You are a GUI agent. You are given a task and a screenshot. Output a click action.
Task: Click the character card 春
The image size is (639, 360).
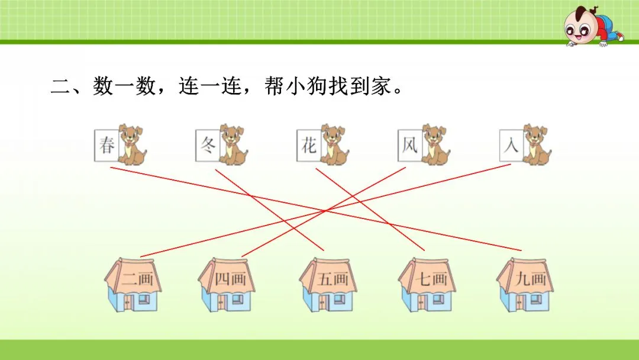[x=106, y=144]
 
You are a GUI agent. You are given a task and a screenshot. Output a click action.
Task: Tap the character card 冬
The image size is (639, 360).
[x=208, y=144]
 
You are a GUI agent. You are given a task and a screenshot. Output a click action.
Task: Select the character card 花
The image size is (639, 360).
[x=309, y=144]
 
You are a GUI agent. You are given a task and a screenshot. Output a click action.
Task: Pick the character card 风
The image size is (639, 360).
[x=410, y=144]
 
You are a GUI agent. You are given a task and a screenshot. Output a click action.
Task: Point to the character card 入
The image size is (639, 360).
[x=511, y=144]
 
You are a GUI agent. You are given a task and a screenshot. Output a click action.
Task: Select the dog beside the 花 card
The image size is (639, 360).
[x=334, y=144]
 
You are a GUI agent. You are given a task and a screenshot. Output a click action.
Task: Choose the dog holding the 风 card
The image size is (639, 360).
[x=435, y=144]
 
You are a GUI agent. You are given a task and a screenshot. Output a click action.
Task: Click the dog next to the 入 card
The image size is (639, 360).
[x=535, y=144]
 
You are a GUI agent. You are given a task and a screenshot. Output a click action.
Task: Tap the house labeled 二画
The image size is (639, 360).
[x=134, y=285]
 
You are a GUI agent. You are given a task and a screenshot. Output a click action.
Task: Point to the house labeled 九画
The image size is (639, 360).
[x=528, y=285]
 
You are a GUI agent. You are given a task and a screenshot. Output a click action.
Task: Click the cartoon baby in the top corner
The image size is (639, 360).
[x=586, y=26]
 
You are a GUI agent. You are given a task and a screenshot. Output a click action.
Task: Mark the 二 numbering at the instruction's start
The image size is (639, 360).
[x=61, y=88]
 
